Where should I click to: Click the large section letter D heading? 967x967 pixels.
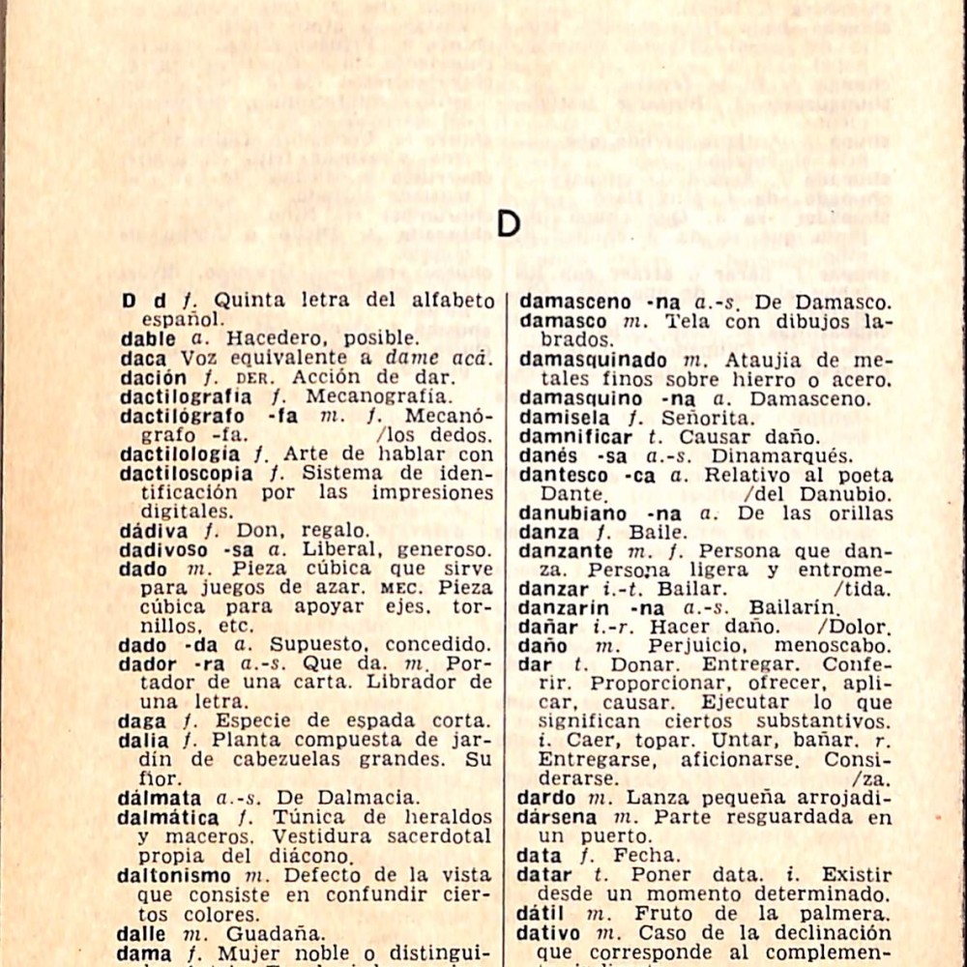(x=509, y=223)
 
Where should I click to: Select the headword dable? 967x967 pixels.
(x=148, y=338)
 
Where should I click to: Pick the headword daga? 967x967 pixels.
(x=141, y=721)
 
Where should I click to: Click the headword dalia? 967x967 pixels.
(x=143, y=741)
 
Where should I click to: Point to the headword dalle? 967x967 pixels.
(x=141, y=934)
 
